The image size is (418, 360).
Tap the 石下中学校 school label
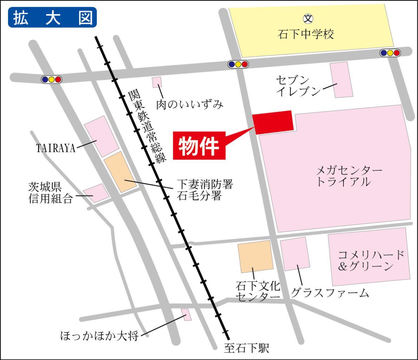pos(306,34)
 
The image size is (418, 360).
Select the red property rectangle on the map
pos(273,122)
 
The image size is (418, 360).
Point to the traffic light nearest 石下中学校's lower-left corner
pos(238,64)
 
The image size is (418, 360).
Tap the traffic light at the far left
pos(51,79)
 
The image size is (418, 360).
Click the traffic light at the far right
pos(390,53)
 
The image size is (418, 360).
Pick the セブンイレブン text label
pos(298,86)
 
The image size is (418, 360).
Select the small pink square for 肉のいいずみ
pos(157,82)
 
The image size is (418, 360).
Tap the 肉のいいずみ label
pos(190,104)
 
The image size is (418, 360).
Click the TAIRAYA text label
pos(56,148)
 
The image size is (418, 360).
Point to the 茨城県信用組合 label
pos(51,192)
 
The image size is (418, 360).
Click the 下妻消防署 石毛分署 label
pos(205,190)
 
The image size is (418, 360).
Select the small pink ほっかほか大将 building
pos(187,314)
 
